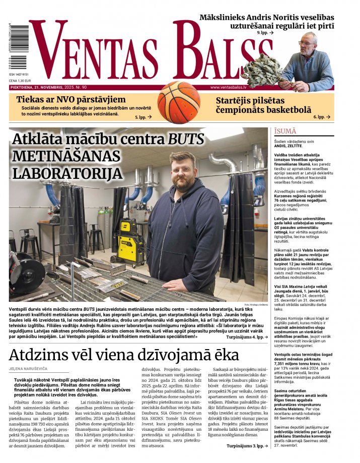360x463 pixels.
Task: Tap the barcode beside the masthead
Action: [x=18, y=48]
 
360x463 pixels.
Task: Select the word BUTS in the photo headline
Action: [x=186, y=140]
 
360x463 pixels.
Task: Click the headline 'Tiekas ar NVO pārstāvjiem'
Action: [x=70, y=99]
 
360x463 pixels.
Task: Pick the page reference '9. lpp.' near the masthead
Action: [x=265, y=32]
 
